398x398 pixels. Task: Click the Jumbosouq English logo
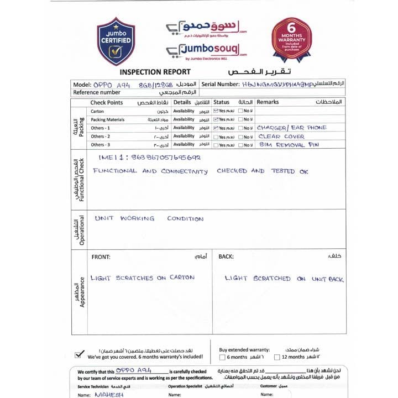(x=206, y=50)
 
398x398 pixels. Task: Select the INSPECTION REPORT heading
(x=155, y=72)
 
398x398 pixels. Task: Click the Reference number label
(x=97, y=92)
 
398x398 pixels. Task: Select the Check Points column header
(x=107, y=102)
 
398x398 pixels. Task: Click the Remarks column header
(x=268, y=102)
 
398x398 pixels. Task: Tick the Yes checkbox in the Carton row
(x=216, y=111)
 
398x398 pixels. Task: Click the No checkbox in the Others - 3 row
(x=241, y=145)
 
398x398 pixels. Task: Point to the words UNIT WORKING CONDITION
(x=149, y=218)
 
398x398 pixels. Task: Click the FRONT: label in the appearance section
(x=101, y=256)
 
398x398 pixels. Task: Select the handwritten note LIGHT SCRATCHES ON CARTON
(x=143, y=277)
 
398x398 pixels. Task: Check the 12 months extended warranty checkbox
(x=278, y=357)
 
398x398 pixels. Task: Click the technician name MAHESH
(x=109, y=395)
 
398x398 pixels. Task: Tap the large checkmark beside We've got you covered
(x=80, y=354)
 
